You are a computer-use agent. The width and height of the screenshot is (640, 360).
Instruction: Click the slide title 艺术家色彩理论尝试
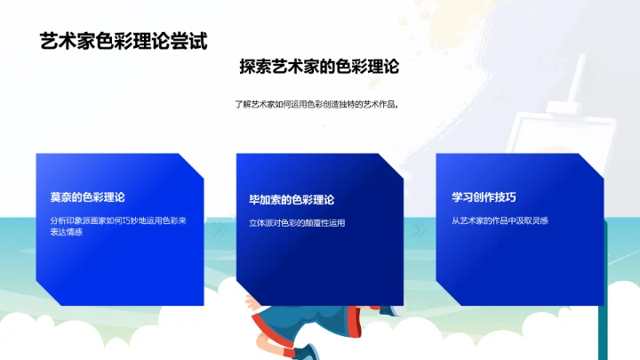click(124, 41)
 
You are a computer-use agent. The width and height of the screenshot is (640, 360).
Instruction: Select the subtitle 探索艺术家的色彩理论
click(319, 68)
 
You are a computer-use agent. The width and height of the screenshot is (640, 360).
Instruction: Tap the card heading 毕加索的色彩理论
click(292, 200)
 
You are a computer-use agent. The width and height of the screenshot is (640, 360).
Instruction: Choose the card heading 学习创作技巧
click(484, 196)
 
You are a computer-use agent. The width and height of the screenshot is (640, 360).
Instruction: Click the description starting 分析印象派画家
click(118, 220)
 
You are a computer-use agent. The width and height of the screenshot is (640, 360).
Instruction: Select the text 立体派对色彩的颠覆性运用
click(297, 223)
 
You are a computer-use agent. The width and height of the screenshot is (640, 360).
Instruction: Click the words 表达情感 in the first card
click(68, 232)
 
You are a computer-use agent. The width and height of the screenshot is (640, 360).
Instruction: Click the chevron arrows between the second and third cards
click(420, 228)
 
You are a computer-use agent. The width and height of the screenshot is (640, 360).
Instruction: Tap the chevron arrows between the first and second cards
click(220, 228)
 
